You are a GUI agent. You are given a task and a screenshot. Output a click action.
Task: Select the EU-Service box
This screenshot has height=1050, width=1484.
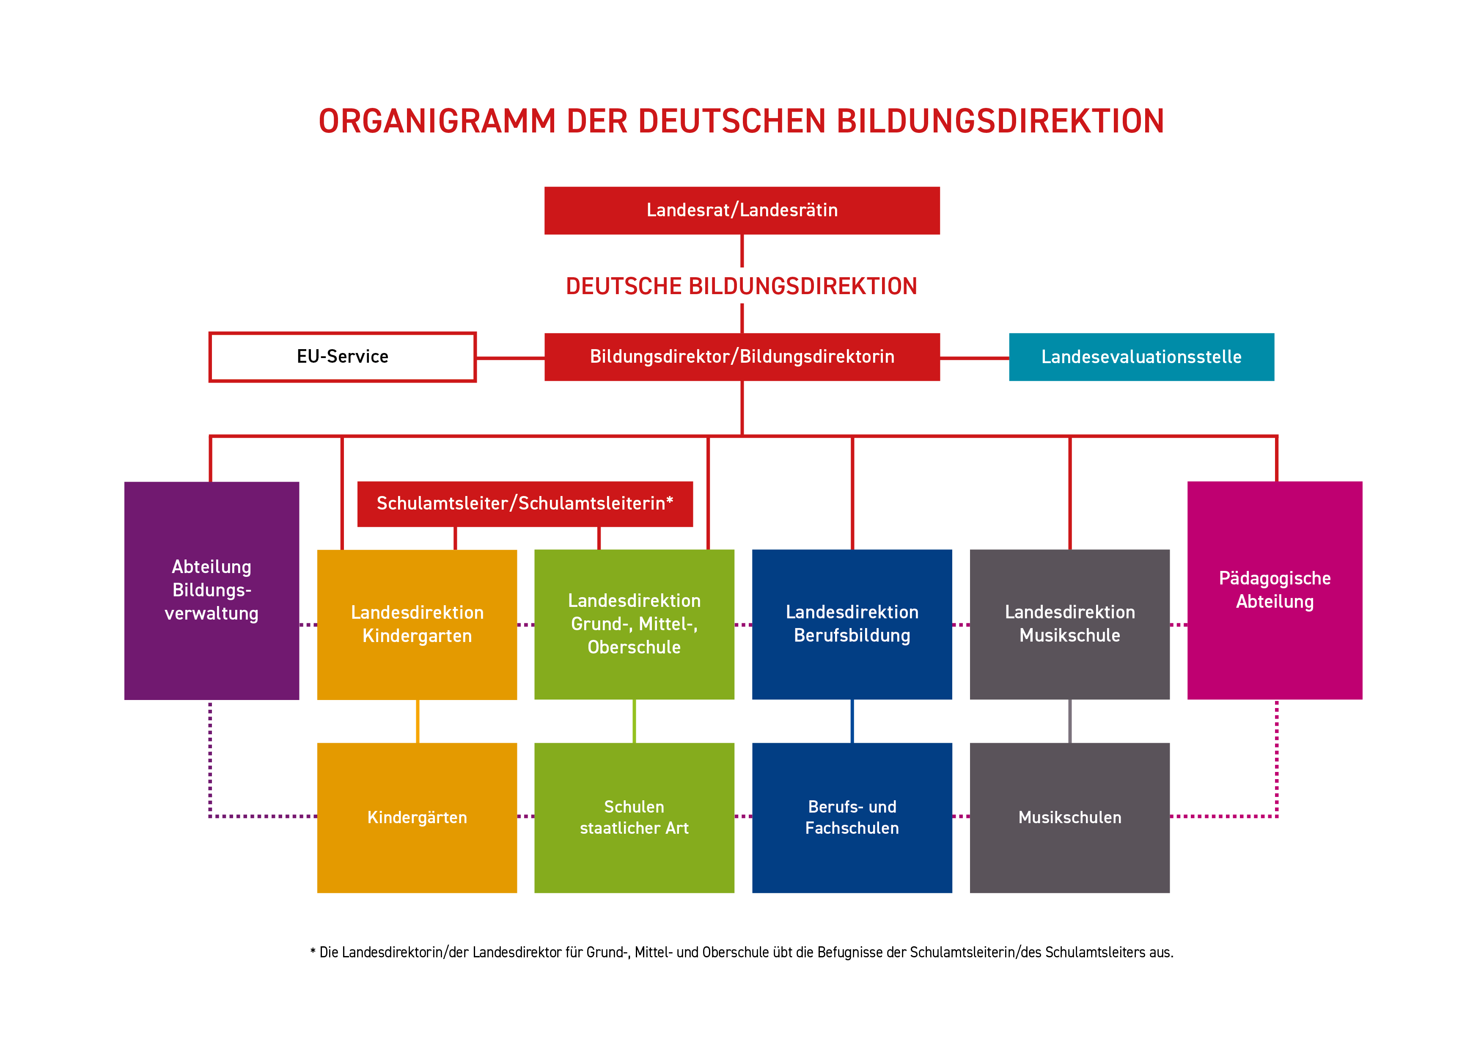pyautogui.click(x=343, y=357)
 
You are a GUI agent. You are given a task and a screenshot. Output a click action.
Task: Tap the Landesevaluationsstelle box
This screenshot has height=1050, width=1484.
pyautogui.click(x=1141, y=357)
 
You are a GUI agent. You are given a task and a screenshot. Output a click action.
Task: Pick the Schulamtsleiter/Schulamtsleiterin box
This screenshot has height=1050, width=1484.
pyautogui.click(x=525, y=504)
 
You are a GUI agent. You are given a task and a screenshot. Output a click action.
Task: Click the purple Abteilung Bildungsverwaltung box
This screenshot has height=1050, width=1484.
pyautogui.click(x=212, y=590)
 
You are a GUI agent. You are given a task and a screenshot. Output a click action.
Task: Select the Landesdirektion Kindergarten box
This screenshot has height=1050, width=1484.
pyautogui.click(x=417, y=625)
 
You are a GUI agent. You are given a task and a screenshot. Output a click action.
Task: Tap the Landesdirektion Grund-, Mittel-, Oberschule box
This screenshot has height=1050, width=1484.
pyautogui.click(x=634, y=625)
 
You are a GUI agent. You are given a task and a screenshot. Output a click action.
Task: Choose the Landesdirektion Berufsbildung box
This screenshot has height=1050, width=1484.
pyautogui.click(x=852, y=625)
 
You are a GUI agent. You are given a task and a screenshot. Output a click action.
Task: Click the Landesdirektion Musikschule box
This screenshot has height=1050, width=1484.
pyautogui.click(x=1070, y=625)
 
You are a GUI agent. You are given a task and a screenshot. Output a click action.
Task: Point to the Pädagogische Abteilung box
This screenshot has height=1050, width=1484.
pyautogui.click(x=1275, y=590)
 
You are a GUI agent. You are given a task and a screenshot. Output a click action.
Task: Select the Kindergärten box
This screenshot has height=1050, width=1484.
pyautogui.click(x=417, y=818)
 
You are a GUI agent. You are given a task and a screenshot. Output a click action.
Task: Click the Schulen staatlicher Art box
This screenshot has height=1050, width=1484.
pyautogui.click(x=634, y=818)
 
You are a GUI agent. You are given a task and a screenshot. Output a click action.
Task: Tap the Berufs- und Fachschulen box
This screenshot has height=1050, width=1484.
pyautogui.click(x=852, y=818)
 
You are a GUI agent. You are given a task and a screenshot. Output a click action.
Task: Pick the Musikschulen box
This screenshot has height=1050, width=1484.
pyautogui.click(x=1070, y=818)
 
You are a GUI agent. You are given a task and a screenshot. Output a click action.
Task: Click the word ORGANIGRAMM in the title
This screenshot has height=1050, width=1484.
pyautogui.click(x=437, y=121)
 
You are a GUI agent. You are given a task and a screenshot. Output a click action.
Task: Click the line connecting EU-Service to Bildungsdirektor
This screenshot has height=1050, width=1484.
pyautogui.click(x=511, y=358)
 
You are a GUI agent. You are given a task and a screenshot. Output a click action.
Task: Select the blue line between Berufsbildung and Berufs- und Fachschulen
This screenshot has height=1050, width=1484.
pyautogui.click(x=852, y=721)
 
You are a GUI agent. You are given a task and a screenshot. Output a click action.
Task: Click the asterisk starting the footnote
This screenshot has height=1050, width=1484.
pyautogui.click(x=313, y=951)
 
